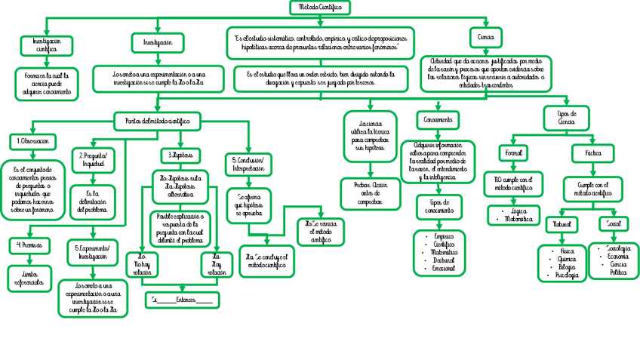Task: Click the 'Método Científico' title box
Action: pyautogui.click(x=320, y=7)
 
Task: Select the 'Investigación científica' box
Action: pyautogui.click(x=47, y=45)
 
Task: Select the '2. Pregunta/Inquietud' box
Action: pyautogui.click(x=93, y=159)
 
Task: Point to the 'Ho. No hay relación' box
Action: pyautogui.click(x=142, y=265)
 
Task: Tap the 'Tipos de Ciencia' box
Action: pyautogui.click(x=567, y=117)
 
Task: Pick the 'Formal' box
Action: pyautogui.click(x=511, y=152)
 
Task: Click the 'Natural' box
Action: pyautogui.click(x=563, y=224)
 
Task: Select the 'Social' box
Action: pyautogui.click(x=613, y=224)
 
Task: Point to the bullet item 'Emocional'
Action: pyautogui.click(x=444, y=268)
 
